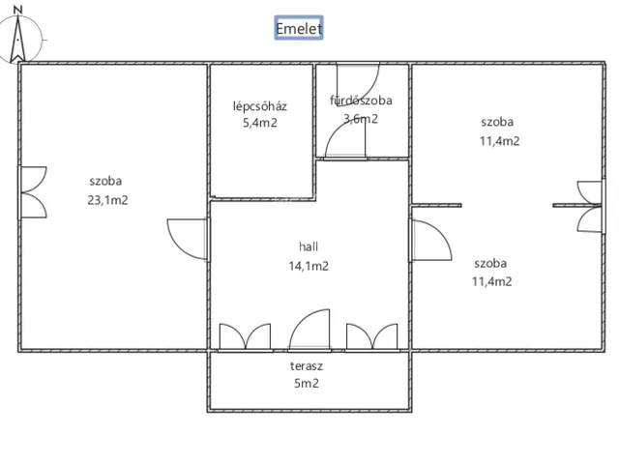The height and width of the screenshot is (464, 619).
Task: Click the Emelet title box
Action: click(x=299, y=28)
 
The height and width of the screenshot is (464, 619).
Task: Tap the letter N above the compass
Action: click(x=17, y=10)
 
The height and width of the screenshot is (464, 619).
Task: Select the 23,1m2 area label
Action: click(x=107, y=200)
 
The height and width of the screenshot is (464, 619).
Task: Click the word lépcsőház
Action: click(x=260, y=106)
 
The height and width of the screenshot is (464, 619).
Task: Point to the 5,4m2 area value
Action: click(x=260, y=123)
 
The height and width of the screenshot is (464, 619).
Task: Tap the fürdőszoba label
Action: click(x=361, y=101)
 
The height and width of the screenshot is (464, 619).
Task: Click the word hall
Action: click(x=309, y=247)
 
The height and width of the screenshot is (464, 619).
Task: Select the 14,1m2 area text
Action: click(x=309, y=266)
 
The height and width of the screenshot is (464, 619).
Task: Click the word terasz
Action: click(x=307, y=366)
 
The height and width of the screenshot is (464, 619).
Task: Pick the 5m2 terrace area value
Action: click(x=307, y=384)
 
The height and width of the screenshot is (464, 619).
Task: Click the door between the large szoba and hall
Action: click(x=188, y=239)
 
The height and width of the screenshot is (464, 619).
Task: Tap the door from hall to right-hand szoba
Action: click(x=430, y=240)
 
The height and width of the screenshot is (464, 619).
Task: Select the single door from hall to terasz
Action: click(x=309, y=330)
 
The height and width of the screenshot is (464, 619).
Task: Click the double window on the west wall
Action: click(x=33, y=192)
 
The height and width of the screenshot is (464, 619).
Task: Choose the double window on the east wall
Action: click(x=591, y=206)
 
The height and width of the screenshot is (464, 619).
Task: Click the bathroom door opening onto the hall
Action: click(x=345, y=139)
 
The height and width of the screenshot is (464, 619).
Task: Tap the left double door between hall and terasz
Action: click(x=245, y=337)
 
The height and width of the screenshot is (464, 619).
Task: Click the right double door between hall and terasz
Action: click(x=371, y=337)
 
